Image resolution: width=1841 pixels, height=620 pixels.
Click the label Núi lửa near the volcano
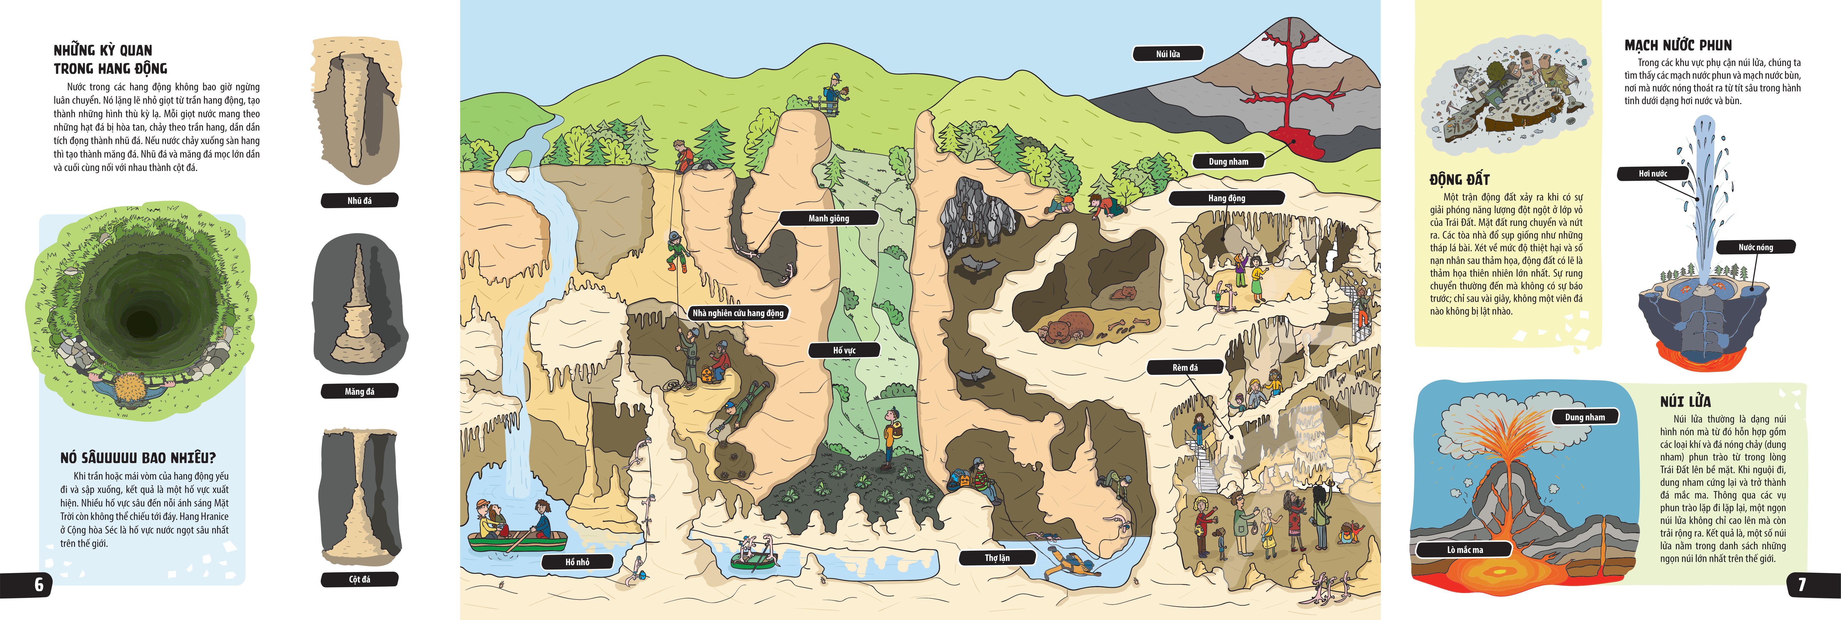point(1168,54)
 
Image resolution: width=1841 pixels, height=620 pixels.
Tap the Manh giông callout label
point(828,218)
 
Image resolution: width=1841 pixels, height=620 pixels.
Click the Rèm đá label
point(1185,368)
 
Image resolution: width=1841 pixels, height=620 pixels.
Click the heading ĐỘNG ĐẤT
point(1459,179)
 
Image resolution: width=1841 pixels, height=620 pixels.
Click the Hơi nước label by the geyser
point(1652,174)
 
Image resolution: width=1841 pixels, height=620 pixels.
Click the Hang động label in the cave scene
point(1226,198)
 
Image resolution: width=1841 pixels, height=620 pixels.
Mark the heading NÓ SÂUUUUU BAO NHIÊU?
point(138,458)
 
